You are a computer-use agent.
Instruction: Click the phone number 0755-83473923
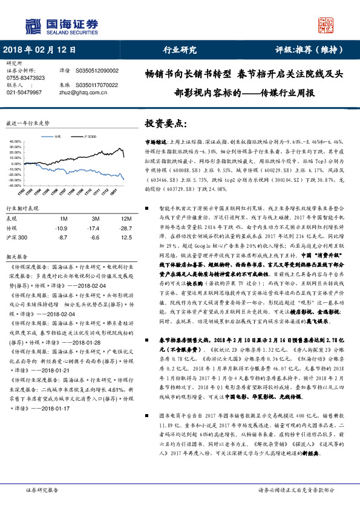pos(25,78)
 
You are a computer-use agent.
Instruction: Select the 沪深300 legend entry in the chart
pos(85,137)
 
